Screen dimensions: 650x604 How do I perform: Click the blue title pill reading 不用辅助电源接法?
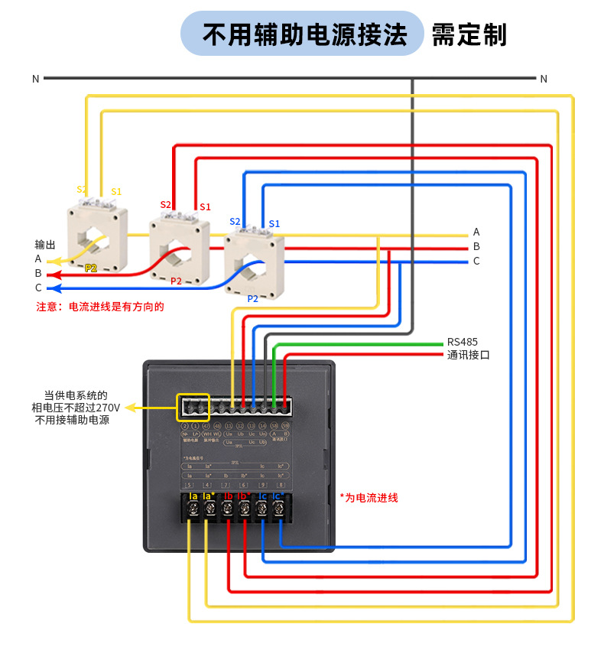[302, 34]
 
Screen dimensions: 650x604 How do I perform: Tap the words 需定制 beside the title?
[469, 34]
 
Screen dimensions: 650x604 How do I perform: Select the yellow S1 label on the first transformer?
[116, 191]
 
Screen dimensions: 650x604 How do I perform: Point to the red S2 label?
[166, 205]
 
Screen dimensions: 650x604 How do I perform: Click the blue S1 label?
[274, 223]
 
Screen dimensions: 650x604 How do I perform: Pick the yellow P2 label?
[91, 268]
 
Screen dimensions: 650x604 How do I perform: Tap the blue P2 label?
[252, 299]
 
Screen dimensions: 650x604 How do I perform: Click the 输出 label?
[45, 245]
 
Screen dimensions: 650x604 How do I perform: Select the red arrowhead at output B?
[51, 274]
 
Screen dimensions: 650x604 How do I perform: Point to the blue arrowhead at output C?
[51, 288]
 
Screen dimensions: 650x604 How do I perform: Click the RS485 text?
[463, 342]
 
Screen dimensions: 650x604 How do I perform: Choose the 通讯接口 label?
[468, 356]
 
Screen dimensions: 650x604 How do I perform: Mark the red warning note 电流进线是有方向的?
[100, 307]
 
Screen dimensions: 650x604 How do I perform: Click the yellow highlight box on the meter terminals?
[193, 407]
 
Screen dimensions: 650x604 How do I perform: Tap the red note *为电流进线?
[369, 498]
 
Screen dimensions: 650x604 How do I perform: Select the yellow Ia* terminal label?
[208, 497]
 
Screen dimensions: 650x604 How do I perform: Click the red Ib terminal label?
[228, 497]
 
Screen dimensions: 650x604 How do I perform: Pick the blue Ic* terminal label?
[278, 497]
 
